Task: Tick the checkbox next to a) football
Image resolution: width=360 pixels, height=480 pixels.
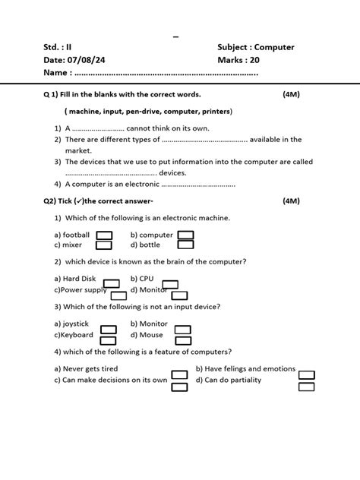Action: (105, 235)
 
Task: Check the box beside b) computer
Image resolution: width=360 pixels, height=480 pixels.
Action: (185, 235)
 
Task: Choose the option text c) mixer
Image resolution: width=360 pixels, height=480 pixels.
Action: (68, 245)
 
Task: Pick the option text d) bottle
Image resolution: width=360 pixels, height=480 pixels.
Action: (145, 245)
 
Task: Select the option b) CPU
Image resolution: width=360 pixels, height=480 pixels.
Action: (142, 279)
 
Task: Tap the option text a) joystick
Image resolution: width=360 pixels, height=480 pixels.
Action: (72, 324)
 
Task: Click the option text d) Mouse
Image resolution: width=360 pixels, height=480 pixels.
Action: (147, 335)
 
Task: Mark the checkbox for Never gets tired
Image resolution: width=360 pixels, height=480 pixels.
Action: (179, 374)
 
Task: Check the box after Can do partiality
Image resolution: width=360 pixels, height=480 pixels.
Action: (306, 386)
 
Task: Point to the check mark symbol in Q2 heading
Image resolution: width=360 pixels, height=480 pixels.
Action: (77, 201)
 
